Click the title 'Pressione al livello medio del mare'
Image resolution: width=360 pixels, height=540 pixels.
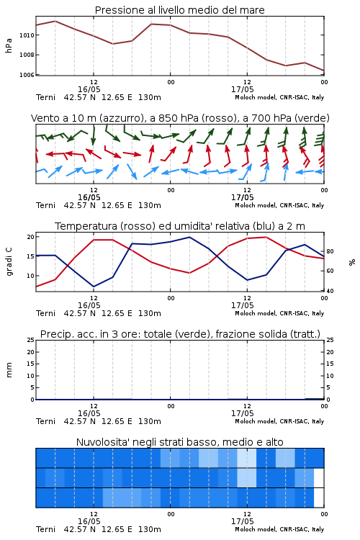(x=179, y=10)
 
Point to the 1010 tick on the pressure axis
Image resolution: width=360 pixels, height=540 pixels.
(x=26, y=35)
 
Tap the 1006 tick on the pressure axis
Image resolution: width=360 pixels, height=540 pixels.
(x=26, y=75)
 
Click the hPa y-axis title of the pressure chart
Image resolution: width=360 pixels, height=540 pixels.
(x=9, y=45)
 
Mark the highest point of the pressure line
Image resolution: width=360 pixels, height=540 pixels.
(x=55, y=21)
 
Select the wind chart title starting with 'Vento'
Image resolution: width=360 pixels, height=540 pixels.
(x=180, y=118)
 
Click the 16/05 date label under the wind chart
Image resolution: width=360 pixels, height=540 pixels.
(x=89, y=197)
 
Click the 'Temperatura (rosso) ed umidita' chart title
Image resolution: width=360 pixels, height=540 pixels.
(x=180, y=226)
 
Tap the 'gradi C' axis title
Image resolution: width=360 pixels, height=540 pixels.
(x=9, y=261)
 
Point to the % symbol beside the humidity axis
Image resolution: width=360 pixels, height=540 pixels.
(x=352, y=262)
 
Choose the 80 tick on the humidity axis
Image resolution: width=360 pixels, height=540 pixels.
(x=330, y=251)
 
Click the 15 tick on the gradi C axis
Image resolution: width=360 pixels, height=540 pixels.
(x=30, y=256)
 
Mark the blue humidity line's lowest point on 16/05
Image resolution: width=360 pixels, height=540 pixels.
(x=94, y=287)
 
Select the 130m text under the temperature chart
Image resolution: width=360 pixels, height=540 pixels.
(x=150, y=313)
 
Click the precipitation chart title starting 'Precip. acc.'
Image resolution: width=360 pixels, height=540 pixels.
(x=180, y=334)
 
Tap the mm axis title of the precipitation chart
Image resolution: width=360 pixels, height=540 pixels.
(x=9, y=370)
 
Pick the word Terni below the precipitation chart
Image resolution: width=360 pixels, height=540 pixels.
(x=45, y=421)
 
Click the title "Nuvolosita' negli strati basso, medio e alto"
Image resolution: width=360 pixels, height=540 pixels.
(x=179, y=442)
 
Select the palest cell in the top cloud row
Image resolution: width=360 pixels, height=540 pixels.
(x=247, y=458)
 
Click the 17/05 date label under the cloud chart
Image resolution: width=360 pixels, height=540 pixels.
(x=242, y=521)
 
